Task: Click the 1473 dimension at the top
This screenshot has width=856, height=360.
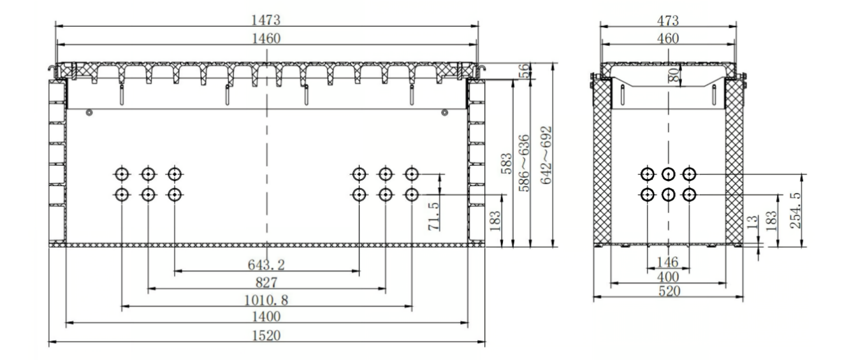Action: (x=266, y=19)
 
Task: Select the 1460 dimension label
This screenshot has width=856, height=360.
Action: (x=266, y=38)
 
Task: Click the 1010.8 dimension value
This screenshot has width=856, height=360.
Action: (x=266, y=299)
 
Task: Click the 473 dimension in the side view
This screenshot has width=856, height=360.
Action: (x=668, y=19)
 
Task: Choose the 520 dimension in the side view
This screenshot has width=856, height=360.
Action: (x=668, y=292)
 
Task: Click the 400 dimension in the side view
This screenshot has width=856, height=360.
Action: (x=668, y=277)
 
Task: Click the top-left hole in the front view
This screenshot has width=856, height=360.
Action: (x=121, y=173)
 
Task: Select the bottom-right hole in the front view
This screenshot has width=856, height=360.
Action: (x=412, y=194)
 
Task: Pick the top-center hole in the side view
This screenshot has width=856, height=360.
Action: (x=668, y=173)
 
